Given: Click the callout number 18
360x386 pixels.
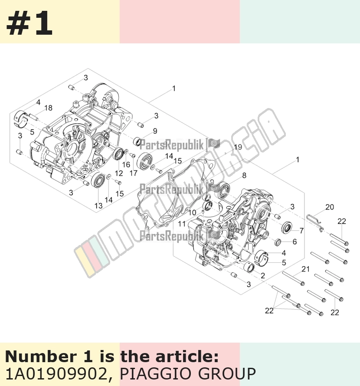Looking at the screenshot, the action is pos(48,108).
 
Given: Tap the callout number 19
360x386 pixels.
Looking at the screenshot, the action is pos(238,147).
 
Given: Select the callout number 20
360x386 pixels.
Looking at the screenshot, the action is pos(330,207).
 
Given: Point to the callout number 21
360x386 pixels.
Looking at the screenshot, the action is pos(305,269).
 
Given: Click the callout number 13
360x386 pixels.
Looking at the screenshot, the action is pos(98,206).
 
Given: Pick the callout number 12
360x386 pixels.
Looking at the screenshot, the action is pos(119,173).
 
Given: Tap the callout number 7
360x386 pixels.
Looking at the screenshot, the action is pos(301,231).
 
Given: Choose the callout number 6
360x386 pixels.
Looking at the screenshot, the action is pos(295,242).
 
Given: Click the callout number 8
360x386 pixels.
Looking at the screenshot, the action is pos(244,175).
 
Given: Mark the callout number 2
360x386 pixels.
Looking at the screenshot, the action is pos(263,275).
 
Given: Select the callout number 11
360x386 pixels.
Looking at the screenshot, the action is pos(181,224).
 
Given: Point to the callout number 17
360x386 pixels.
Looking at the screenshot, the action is pos(133,173).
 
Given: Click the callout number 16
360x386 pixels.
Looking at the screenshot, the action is pos(126,164).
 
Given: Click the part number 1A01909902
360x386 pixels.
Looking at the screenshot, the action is pos(56,374).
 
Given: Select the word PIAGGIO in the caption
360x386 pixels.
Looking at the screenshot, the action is pos(156,374).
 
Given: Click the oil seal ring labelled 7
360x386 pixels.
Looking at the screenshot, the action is pos(287,227).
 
